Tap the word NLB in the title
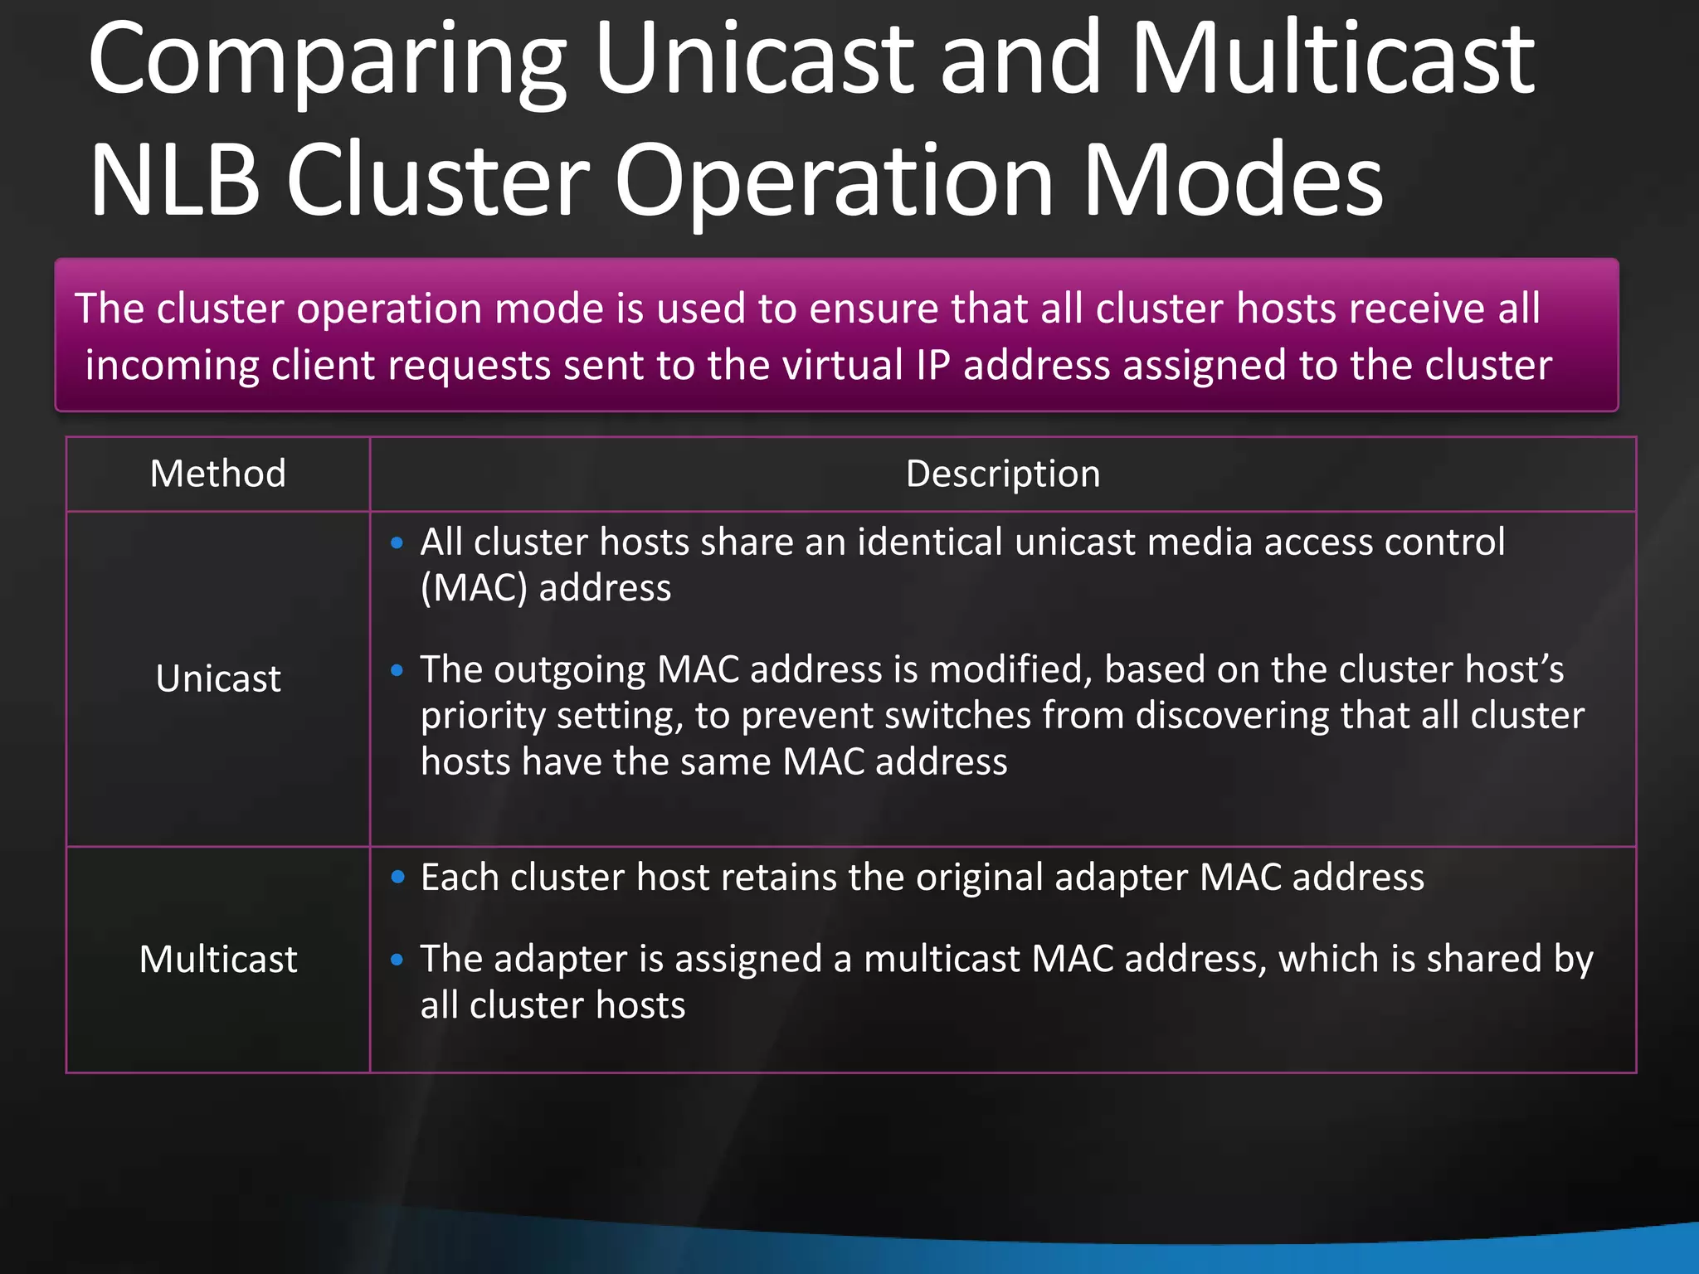174,181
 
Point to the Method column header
218,474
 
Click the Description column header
1002,474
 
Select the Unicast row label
218,678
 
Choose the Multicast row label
218,960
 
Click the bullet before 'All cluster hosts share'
397,543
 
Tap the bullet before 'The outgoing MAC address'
397,670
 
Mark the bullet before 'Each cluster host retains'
397,878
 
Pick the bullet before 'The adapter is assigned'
397,960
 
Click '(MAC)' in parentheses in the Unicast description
474,589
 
